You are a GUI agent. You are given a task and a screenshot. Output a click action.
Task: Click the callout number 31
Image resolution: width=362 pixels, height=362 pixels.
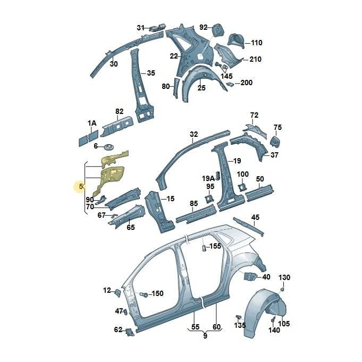point(140,28)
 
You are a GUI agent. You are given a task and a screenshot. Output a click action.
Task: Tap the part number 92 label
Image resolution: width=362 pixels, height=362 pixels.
point(204,27)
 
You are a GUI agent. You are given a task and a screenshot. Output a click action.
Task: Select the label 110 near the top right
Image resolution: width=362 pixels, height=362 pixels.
point(257,43)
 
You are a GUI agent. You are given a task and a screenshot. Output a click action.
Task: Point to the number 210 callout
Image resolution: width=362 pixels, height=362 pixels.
point(256,59)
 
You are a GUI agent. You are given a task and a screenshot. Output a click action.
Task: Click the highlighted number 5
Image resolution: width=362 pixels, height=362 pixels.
point(81,186)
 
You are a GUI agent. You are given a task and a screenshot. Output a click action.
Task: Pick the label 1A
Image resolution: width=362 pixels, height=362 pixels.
point(92,123)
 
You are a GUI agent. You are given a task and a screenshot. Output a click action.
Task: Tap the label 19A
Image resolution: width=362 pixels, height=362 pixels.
point(208,178)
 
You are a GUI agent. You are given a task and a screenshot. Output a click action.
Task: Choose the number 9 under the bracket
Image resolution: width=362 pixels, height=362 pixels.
point(205,335)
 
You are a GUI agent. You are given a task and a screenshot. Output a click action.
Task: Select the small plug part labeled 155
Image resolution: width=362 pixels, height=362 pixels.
point(204,248)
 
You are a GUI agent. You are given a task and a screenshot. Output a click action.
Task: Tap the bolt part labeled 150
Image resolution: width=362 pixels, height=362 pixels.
point(144,295)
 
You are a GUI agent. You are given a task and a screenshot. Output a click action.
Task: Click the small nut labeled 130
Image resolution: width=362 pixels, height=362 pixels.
point(281,290)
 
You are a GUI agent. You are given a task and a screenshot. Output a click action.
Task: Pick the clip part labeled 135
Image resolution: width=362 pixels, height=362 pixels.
point(238,317)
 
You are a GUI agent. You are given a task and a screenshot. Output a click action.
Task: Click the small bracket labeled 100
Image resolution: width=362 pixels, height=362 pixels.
point(242,187)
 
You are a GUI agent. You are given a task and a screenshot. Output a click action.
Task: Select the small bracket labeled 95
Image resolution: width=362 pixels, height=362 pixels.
point(209,199)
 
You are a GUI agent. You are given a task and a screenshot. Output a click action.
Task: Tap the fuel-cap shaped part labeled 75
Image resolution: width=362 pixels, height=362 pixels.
point(275,141)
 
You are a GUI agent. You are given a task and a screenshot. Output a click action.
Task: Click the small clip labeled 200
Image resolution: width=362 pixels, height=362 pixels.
point(230,84)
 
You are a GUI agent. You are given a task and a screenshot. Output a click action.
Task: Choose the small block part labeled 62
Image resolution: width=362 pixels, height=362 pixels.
point(129,332)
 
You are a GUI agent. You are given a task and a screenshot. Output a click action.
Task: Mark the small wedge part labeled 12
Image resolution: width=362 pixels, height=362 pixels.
point(117,293)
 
